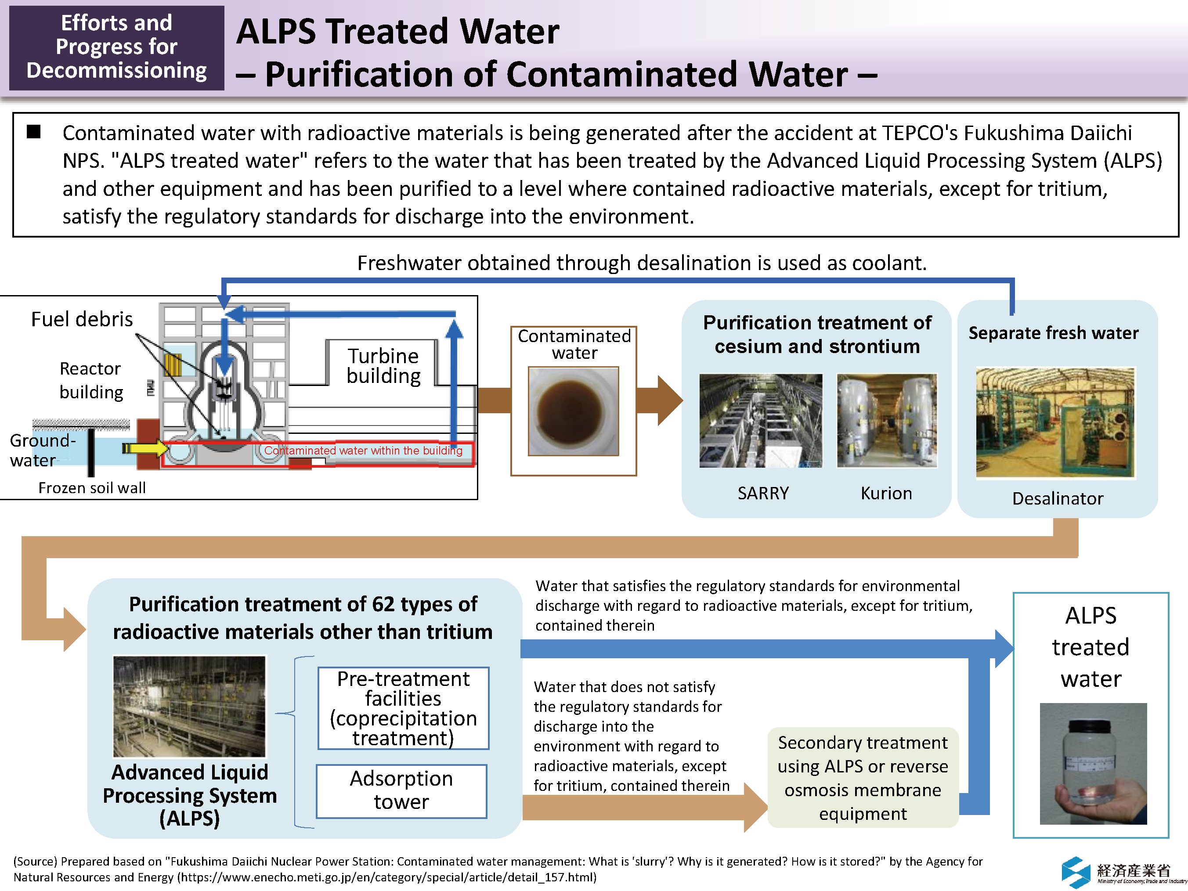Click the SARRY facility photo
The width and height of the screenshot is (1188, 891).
tap(761, 421)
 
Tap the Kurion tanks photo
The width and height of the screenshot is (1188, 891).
tap(887, 421)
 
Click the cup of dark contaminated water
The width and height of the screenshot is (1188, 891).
tap(573, 411)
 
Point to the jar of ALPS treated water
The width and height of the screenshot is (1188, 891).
tap(1093, 763)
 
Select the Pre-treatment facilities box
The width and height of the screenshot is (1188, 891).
tap(403, 708)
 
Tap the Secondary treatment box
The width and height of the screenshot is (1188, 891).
tap(863, 777)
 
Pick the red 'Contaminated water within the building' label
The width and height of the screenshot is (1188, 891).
tap(363, 451)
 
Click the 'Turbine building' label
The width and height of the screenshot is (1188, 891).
tap(383, 366)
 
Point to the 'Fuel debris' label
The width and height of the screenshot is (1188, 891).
tap(82, 319)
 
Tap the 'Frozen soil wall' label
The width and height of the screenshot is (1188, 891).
tap(92, 488)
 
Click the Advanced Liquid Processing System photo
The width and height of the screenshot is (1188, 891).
tap(189, 706)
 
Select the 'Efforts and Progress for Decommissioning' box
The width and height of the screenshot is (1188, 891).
tap(116, 47)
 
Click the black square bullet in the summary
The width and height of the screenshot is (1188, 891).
tap(34, 132)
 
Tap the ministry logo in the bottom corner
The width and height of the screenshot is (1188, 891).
tap(1123, 871)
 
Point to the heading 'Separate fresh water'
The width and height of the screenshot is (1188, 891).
tap(1053, 333)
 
